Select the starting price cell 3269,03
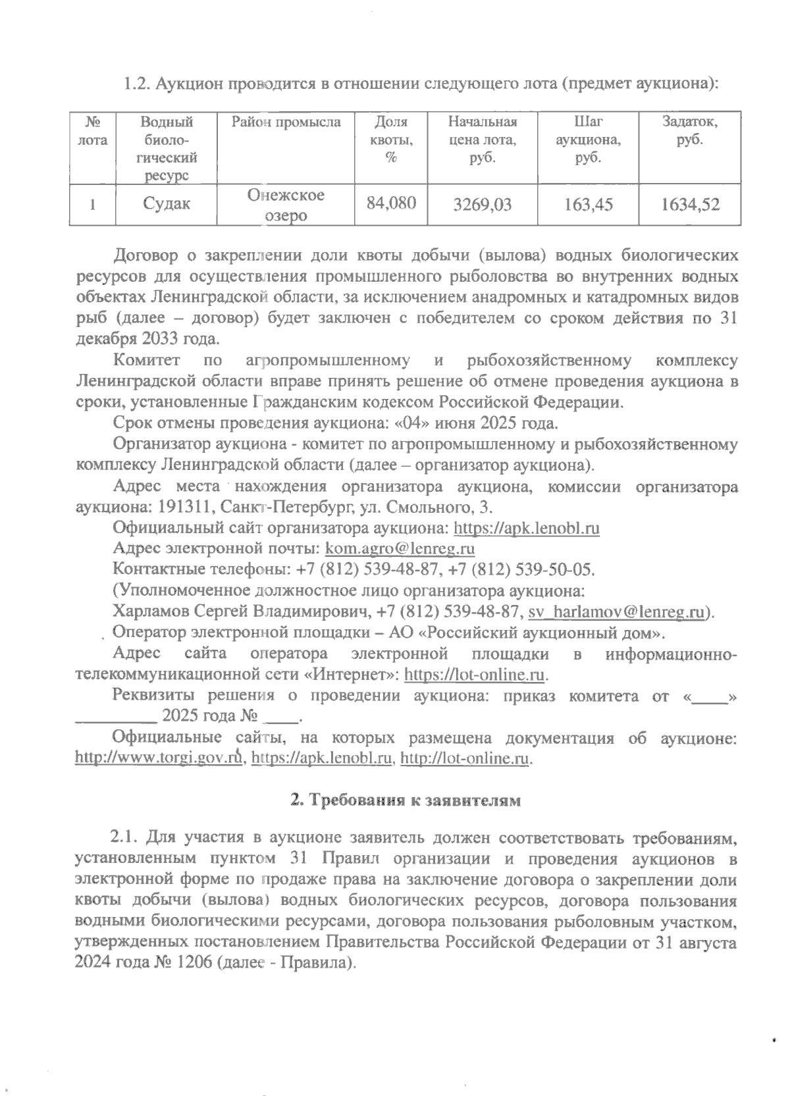483,205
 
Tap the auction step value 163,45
589,205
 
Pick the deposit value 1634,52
691,205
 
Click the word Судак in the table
167,204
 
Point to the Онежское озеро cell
286,205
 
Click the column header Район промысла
286,122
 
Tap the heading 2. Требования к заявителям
406,801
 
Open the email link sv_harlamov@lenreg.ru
617,612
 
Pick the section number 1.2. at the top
138,85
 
